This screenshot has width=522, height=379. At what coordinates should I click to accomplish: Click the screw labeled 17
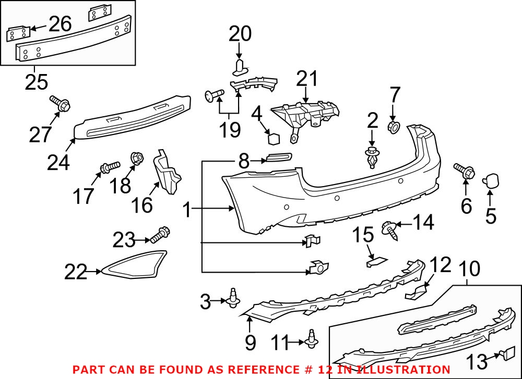click(110, 167)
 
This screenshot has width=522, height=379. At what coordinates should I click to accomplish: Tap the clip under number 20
click(240, 66)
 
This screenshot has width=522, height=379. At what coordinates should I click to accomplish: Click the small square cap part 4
click(274, 138)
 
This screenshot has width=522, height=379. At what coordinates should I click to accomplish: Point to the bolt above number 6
click(464, 170)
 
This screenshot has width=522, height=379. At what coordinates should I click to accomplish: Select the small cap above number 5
click(492, 180)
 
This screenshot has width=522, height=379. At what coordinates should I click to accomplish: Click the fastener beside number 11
click(313, 340)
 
